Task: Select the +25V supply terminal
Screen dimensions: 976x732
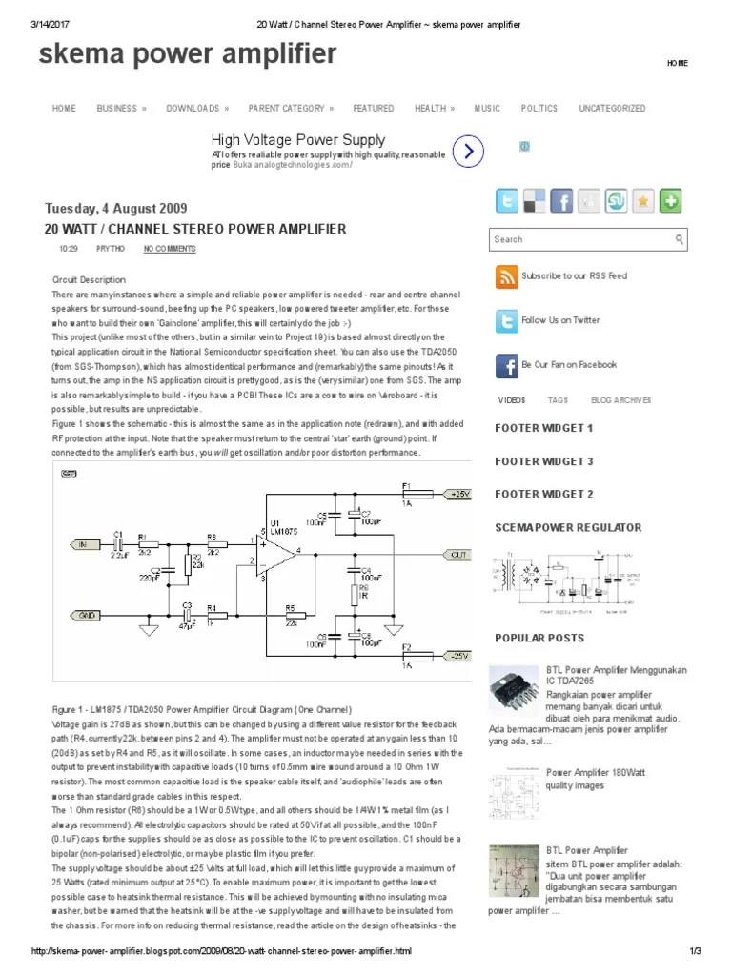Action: pyautogui.click(x=459, y=495)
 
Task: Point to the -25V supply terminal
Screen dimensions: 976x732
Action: pyautogui.click(x=459, y=656)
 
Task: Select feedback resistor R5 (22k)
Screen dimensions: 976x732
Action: pyautogui.click(x=290, y=616)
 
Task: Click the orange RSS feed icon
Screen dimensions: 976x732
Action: pyautogui.click(x=506, y=276)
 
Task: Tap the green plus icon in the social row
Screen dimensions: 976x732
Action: pyautogui.click(x=671, y=201)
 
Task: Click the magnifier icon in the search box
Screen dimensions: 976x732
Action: pyautogui.click(x=679, y=239)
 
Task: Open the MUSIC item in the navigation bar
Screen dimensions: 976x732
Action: pyautogui.click(x=487, y=109)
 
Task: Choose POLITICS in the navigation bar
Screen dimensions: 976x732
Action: pyautogui.click(x=539, y=109)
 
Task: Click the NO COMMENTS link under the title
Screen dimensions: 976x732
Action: pyautogui.click(x=170, y=249)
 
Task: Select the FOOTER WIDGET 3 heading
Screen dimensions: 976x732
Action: pyautogui.click(x=543, y=461)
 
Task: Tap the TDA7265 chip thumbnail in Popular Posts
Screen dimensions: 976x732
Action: pyautogui.click(x=513, y=689)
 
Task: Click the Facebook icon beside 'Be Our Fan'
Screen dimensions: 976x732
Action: pyautogui.click(x=506, y=365)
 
